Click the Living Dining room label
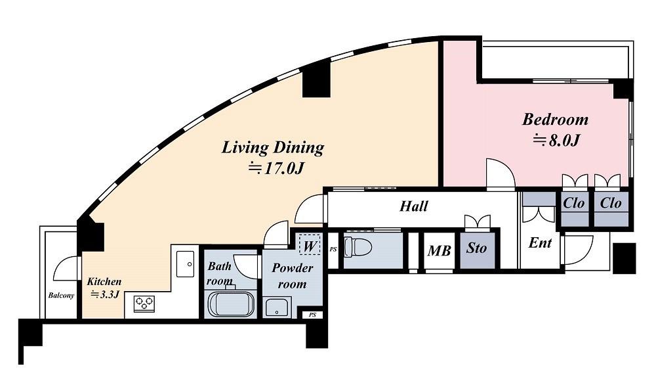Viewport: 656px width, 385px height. point(273,147)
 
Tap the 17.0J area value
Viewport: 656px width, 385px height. point(276,168)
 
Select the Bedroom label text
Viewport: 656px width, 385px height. point(555,120)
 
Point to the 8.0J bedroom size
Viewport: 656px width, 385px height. point(556,141)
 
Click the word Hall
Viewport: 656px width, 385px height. point(414,206)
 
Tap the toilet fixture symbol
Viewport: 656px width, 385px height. point(358,247)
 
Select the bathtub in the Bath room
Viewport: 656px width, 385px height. point(232,304)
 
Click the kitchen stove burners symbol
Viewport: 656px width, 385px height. point(144,304)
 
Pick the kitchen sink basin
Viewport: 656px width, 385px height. point(186,264)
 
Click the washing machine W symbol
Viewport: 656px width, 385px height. point(310,246)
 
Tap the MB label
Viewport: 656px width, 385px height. point(440,251)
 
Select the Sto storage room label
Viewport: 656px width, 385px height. point(476,248)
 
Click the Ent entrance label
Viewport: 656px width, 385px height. point(540,243)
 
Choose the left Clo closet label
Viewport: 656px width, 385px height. point(573,204)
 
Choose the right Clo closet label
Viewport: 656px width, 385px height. point(610,204)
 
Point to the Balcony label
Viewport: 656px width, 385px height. point(61,296)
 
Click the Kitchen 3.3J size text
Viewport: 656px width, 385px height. point(105,294)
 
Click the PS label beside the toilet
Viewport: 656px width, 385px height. point(333,249)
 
